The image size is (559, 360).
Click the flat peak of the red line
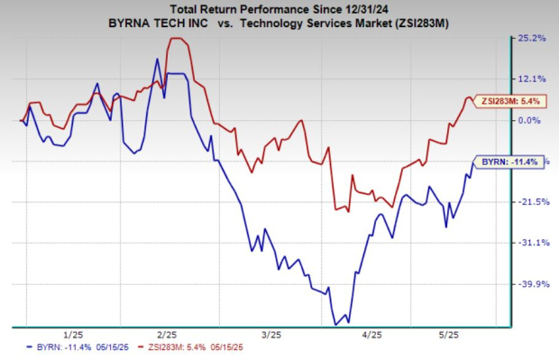coord(177,39)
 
